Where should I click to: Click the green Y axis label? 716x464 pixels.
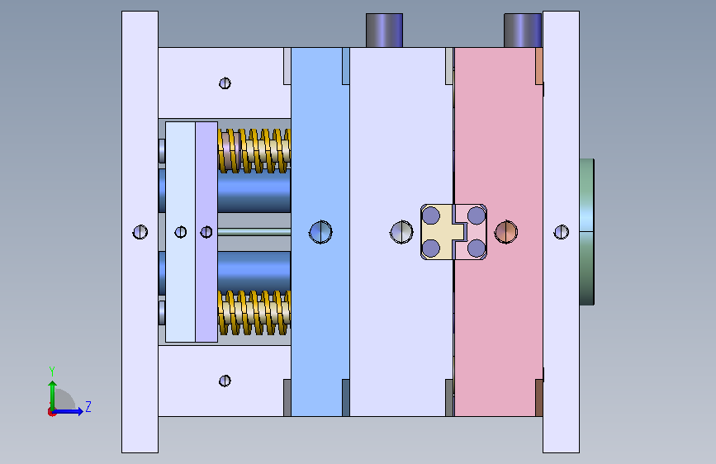tap(52, 371)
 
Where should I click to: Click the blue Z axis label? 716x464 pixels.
tap(88, 406)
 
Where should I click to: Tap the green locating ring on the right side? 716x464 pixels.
tap(587, 231)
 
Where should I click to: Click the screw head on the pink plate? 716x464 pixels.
tap(506, 232)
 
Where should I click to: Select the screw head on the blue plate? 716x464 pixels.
tap(320, 232)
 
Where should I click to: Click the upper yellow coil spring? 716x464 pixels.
tap(254, 151)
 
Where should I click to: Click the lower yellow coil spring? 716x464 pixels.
tap(254, 313)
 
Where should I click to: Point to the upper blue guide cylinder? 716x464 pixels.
tap(254, 191)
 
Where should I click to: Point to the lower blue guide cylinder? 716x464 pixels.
tap(254, 272)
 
